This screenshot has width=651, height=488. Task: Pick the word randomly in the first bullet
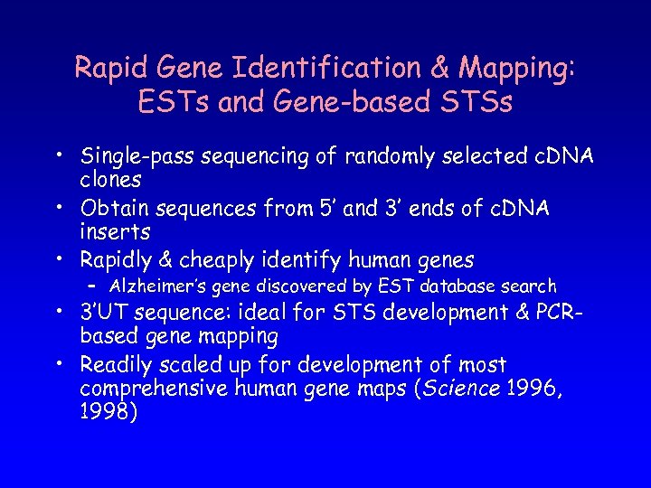pos(400,158)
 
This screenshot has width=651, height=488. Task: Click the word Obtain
pos(115,210)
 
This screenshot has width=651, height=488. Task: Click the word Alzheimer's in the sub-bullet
pos(159,286)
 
